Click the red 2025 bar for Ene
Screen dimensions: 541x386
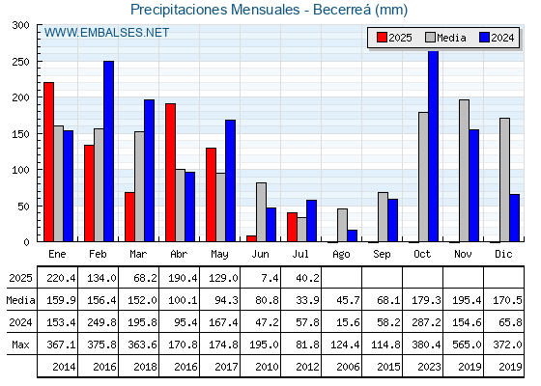click(x=48, y=162)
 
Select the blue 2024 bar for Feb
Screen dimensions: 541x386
click(x=108, y=152)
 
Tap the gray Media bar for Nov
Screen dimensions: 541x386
click(x=464, y=171)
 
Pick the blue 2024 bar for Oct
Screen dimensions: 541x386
click(x=434, y=147)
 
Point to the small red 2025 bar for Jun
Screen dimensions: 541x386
click(x=251, y=238)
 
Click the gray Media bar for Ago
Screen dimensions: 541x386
click(x=342, y=225)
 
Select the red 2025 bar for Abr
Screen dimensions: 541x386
click(x=170, y=173)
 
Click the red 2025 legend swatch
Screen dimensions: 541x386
click(x=382, y=38)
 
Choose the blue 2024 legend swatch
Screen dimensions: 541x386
click(x=484, y=38)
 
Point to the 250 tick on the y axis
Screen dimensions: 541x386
click(x=20, y=62)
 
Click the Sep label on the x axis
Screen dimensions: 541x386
click(x=382, y=254)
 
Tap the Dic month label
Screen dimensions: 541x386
click(x=503, y=254)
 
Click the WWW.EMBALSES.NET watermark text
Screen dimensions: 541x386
click(x=106, y=33)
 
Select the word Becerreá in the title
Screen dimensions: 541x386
click(x=342, y=10)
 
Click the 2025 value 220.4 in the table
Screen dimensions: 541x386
click(x=61, y=278)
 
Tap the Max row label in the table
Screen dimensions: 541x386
click(x=20, y=345)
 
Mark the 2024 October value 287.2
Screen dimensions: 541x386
click(x=426, y=322)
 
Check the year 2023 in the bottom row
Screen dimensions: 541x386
click(x=429, y=367)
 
